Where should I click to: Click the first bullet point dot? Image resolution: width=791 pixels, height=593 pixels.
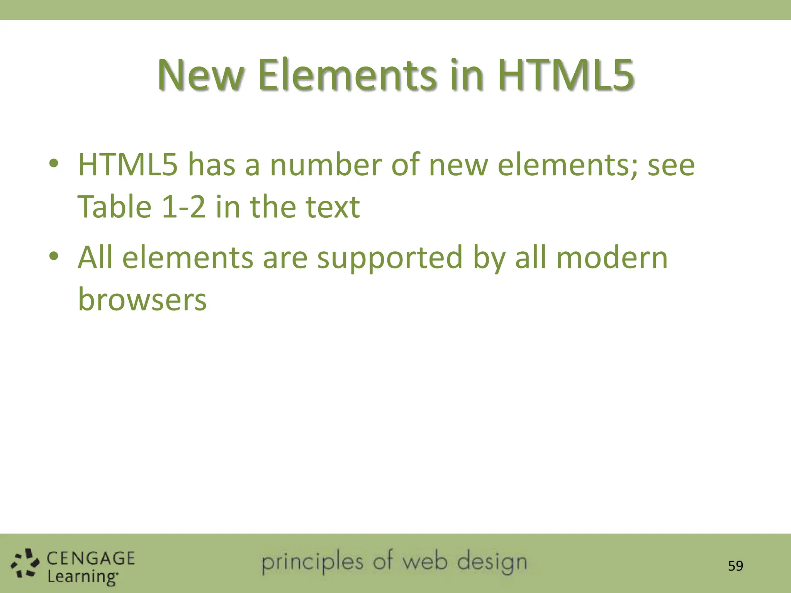54,163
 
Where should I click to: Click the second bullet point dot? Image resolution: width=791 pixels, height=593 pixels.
54,256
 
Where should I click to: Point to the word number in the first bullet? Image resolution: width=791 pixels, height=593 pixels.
326,165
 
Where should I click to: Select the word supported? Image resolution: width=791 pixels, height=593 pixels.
390,258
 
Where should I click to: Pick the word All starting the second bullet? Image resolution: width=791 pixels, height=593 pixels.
95,258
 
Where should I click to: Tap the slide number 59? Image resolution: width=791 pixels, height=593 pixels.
735,566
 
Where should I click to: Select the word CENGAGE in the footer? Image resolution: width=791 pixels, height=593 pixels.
91,558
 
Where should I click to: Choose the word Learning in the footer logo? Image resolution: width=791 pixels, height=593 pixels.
82,577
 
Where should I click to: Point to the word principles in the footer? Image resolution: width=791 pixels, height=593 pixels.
312,563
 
